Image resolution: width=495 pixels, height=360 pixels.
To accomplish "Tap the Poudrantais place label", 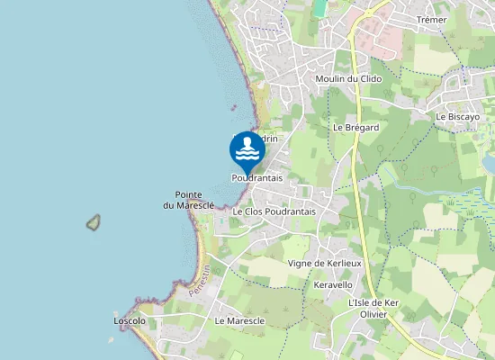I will pyautogui.click(x=256, y=178).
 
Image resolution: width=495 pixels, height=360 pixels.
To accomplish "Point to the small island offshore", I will pyautogui.click(x=92, y=221).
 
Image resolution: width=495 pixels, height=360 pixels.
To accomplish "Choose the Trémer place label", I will pyautogui.click(x=432, y=20).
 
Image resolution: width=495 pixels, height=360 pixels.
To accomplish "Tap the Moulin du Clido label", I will pyautogui.click(x=348, y=79).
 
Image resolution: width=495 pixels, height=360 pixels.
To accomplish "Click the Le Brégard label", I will pyautogui.click(x=355, y=128).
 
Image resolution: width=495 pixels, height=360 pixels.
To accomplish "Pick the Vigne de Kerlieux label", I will pyautogui.click(x=324, y=263).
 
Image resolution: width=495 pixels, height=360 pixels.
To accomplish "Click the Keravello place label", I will pyautogui.click(x=333, y=284).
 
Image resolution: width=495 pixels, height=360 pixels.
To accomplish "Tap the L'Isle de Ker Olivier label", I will pyautogui.click(x=373, y=309).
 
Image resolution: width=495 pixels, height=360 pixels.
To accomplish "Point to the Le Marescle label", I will pyautogui.click(x=239, y=320).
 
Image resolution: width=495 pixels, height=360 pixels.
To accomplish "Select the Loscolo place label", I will pyautogui.click(x=130, y=320).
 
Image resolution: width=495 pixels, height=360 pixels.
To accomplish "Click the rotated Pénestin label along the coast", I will pyautogui.click(x=200, y=282).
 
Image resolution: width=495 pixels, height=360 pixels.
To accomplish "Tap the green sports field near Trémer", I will pyautogui.click(x=319, y=8).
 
